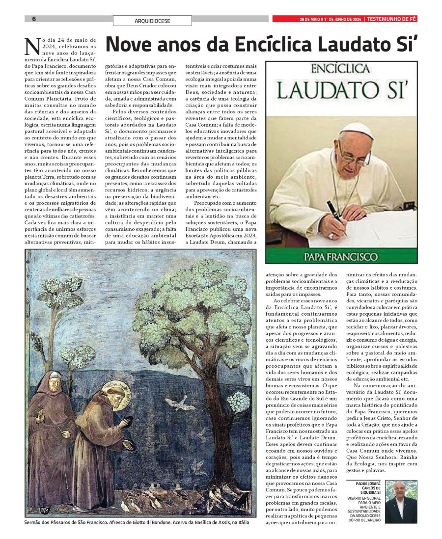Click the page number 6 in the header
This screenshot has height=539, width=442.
(x=34, y=19)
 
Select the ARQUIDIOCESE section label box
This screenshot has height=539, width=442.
(x=152, y=21)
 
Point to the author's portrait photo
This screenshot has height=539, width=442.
(x=401, y=501)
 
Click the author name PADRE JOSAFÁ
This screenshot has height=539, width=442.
(x=368, y=484)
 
